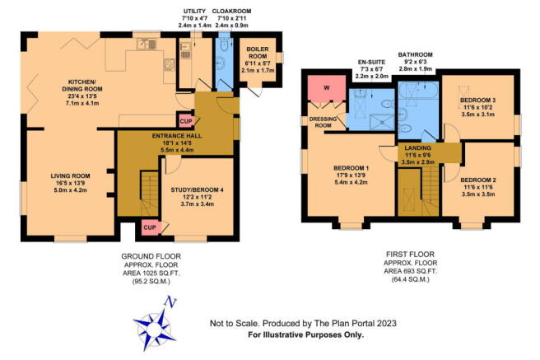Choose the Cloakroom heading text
[x=231, y=17]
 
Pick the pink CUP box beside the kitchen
[x=185, y=121]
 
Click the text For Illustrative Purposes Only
[x=296, y=335]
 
